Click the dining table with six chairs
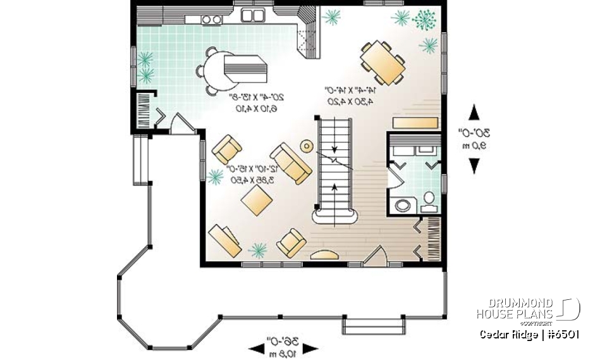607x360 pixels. tap(383, 62)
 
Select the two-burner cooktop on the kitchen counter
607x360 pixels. tap(212, 20)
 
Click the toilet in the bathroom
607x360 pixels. tap(429, 200)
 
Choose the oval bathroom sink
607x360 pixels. tap(402, 205)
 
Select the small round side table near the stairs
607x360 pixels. tap(307, 146)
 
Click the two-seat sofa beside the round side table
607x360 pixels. tap(291, 163)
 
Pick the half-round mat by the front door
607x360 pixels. tap(326, 254)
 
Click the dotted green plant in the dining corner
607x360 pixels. tap(424, 20)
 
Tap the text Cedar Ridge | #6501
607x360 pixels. tap(529, 335)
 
